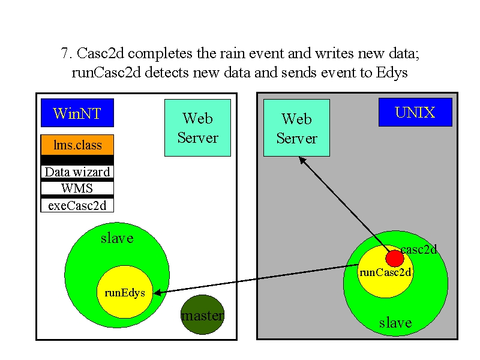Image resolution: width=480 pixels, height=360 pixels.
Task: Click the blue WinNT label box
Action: (77, 113)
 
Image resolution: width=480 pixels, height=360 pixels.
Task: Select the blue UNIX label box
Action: (415, 112)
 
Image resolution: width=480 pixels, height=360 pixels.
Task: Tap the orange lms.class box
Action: (77, 145)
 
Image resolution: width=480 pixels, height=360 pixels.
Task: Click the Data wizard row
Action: (77, 172)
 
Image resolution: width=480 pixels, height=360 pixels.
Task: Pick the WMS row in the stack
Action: (77, 188)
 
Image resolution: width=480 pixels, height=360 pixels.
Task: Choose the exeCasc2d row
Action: (77, 205)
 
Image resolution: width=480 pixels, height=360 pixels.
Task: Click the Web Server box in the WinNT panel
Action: (198, 128)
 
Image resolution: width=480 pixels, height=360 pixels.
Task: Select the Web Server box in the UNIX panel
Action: (296, 128)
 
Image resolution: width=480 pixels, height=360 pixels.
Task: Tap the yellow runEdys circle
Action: (125, 292)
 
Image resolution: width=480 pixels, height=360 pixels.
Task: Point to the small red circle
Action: (395, 258)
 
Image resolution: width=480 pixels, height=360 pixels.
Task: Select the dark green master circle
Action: (203, 314)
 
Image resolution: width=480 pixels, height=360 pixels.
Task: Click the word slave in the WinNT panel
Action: (117, 238)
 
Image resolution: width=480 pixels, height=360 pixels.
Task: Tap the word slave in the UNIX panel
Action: (395, 323)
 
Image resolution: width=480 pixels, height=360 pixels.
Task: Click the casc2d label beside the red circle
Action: (418, 249)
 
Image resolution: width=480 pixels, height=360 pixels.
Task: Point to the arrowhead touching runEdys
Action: (157, 293)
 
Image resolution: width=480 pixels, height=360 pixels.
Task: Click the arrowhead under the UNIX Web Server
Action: (302, 160)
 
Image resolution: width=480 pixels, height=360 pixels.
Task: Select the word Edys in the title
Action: (392, 73)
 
